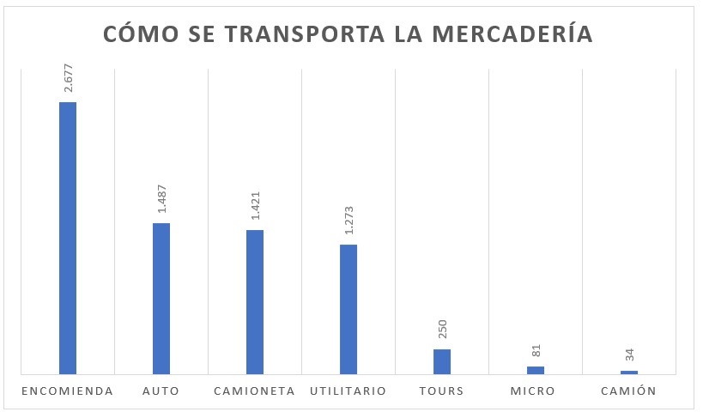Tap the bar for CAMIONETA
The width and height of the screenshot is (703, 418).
pyautogui.click(x=255, y=302)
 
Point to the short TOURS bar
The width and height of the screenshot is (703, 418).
pyautogui.click(x=442, y=361)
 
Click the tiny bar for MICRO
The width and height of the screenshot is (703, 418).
pyautogui.click(x=536, y=370)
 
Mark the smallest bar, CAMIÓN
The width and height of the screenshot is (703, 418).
pyautogui.click(x=629, y=372)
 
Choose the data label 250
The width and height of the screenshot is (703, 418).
pyautogui.click(x=443, y=330)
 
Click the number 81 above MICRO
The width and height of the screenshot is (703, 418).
pyautogui.click(x=536, y=351)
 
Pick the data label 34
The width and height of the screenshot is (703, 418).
pyautogui.click(x=630, y=354)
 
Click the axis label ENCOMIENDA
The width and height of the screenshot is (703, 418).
pyautogui.click(x=68, y=391)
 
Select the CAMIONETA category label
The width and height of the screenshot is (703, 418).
pyautogui.click(x=254, y=391)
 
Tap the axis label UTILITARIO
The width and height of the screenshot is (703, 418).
pyautogui.click(x=348, y=391)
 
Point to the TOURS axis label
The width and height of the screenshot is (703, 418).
pyautogui.click(x=442, y=391)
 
